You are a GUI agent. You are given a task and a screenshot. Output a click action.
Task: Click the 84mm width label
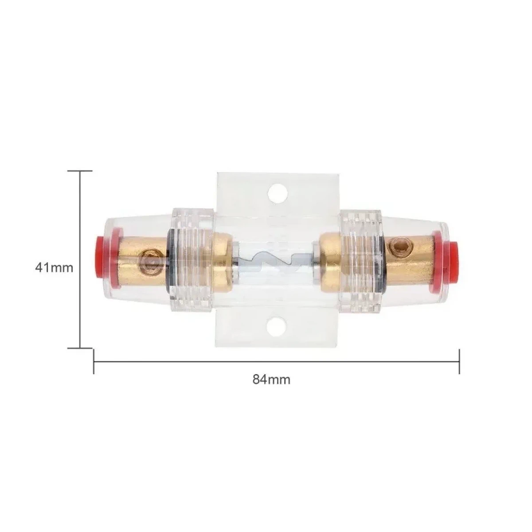click(x=271, y=380)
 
